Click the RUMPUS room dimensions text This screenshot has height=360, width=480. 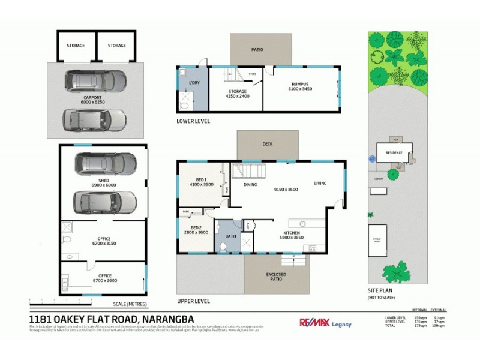300,89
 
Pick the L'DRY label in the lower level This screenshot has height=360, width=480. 194,82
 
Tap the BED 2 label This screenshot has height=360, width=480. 196,230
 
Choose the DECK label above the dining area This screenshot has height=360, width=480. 268,144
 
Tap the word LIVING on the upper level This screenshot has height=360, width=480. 320,184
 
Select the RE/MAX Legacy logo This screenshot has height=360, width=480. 325,323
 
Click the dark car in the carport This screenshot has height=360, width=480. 96,81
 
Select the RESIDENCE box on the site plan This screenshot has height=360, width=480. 394,152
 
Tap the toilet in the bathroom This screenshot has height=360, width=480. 223,246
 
